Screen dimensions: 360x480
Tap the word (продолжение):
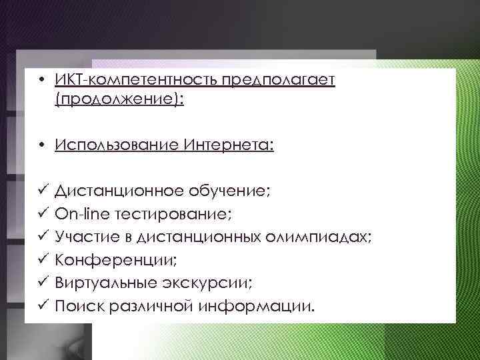[119, 100]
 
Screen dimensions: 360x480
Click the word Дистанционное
[127, 191]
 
